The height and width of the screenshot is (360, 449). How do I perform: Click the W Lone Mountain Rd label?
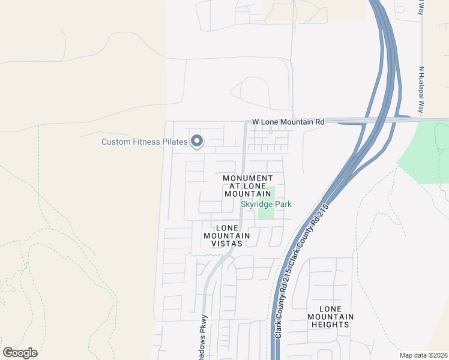pyautogui.click(x=288, y=121)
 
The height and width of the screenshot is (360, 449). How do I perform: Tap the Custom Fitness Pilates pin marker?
pyautogui.click(x=197, y=142)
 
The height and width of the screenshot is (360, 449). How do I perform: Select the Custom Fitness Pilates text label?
pyautogui.click(x=144, y=142)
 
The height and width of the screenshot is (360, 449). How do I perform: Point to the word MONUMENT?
pyautogui.click(x=248, y=178)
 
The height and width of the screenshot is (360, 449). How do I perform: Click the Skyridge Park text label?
pyautogui.click(x=266, y=204)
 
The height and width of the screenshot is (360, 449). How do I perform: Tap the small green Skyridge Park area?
pyautogui.click(x=267, y=214)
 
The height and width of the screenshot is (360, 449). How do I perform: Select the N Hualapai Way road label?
pyautogui.click(x=421, y=89)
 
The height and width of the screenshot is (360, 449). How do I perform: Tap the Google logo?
pyautogui.click(x=20, y=353)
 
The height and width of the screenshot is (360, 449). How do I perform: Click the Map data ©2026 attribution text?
pyautogui.click(x=423, y=355)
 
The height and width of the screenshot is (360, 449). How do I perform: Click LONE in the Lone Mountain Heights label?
pyautogui.click(x=330, y=309)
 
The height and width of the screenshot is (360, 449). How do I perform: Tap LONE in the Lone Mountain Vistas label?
pyautogui.click(x=227, y=228)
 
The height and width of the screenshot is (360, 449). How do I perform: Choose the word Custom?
pyautogui.click(x=116, y=142)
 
